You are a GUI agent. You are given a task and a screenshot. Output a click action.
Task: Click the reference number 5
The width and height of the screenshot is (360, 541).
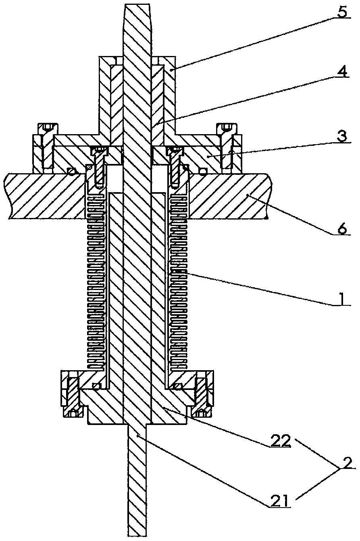341,12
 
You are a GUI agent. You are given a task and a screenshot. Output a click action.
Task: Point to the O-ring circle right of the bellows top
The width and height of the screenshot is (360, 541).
204,172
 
